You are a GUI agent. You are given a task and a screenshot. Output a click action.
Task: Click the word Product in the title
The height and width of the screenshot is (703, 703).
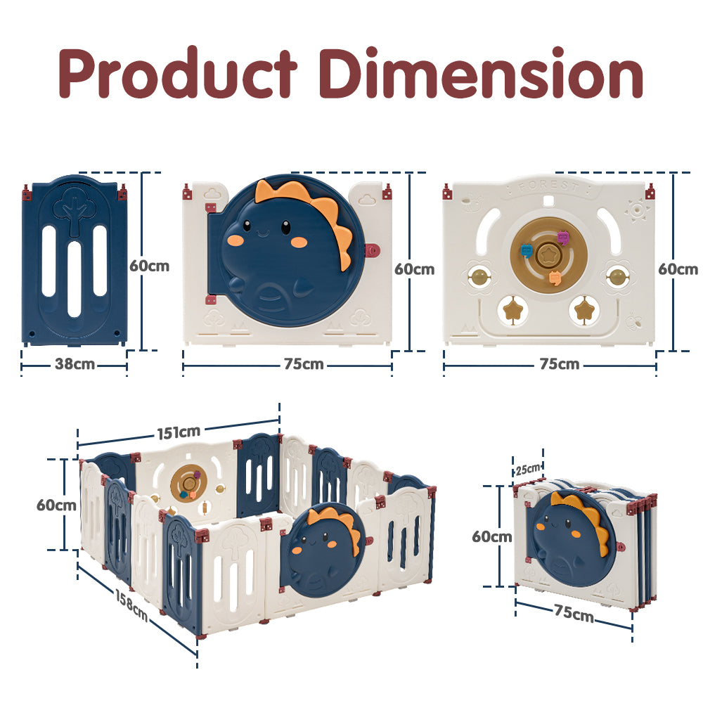(178, 72)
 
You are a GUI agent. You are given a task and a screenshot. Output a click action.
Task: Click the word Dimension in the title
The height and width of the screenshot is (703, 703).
(481, 72)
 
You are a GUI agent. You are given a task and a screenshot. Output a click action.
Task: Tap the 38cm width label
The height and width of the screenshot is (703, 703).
(75, 364)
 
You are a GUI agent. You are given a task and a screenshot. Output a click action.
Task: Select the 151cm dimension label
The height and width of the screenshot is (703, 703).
(179, 432)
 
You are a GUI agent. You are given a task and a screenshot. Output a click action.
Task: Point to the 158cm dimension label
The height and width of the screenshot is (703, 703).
(131, 605)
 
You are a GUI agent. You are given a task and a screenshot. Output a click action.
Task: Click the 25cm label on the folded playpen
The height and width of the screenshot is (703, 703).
(528, 470)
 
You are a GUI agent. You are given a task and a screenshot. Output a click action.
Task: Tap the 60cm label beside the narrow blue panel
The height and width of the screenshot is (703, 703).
(149, 266)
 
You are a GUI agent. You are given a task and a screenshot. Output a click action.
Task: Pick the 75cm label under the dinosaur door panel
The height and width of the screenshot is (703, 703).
(304, 364)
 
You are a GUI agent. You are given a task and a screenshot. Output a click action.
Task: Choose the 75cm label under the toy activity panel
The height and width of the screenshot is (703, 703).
(560, 364)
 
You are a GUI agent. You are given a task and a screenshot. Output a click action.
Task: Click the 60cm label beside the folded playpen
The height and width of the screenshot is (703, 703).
(492, 536)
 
